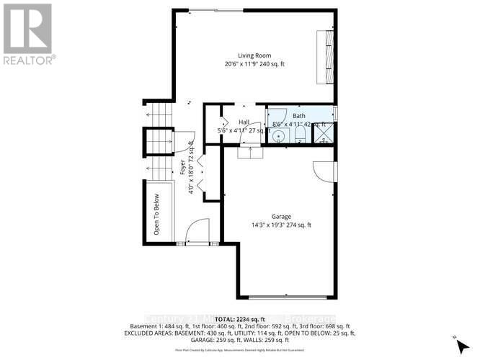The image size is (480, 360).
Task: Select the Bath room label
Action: (x=298, y=116)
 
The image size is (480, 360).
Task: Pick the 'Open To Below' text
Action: (x=156, y=215)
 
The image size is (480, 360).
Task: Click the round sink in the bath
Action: (x=278, y=135)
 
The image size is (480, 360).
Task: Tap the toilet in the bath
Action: (x=299, y=136)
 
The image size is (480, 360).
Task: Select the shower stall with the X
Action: (x=324, y=135)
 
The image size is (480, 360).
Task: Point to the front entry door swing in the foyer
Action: (x=195, y=233)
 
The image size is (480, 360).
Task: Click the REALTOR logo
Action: (x=28, y=32)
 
